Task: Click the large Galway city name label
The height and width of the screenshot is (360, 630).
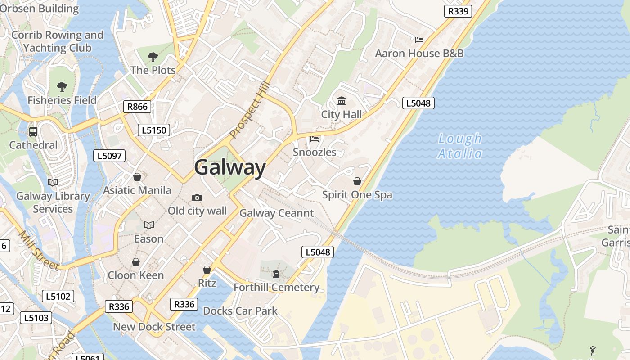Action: [x=230, y=167]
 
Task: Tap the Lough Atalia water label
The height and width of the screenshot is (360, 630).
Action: [x=459, y=146]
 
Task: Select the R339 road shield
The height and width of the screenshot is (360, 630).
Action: [x=458, y=11]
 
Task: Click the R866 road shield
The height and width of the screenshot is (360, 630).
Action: [x=137, y=107]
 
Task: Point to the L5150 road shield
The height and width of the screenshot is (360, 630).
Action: [x=154, y=130]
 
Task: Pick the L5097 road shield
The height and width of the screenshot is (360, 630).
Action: [x=109, y=156]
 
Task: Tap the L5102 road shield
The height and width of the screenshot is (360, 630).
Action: [x=58, y=296]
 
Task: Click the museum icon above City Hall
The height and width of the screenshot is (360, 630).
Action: [x=341, y=101]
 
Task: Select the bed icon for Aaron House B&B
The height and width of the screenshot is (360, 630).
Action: [x=419, y=40]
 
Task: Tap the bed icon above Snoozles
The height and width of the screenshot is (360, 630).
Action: [x=315, y=139]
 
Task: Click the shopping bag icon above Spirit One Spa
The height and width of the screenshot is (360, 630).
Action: [x=357, y=181]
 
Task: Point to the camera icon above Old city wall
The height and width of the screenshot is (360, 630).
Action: [x=197, y=198]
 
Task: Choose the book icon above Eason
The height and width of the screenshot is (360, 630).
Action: [x=148, y=225]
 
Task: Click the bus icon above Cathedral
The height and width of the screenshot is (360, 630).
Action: [x=33, y=132]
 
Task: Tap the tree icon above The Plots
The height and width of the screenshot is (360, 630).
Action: [x=153, y=57]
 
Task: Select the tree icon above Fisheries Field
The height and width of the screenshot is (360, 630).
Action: [x=62, y=87]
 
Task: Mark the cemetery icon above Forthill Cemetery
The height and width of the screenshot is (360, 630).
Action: [x=276, y=274]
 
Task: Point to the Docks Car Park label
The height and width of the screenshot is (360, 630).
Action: [x=240, y=311]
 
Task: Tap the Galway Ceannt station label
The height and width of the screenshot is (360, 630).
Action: [x=276, y=213]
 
